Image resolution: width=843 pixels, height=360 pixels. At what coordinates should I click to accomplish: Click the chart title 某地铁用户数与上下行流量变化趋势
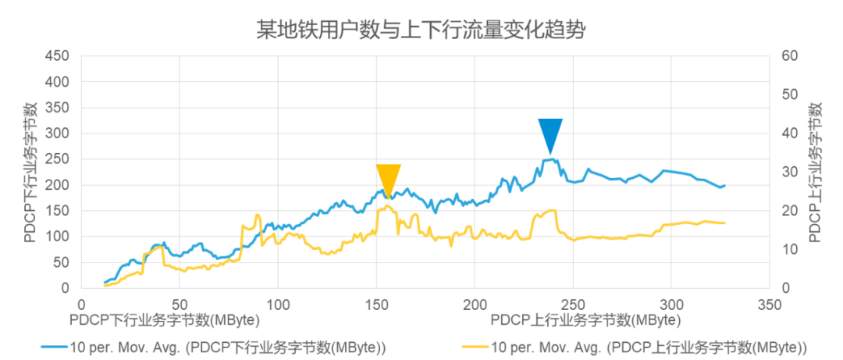pyautogui.click(x=421, y=30)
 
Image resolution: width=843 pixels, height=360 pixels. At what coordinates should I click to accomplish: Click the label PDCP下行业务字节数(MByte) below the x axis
pyautogui.click(x=164, y=320)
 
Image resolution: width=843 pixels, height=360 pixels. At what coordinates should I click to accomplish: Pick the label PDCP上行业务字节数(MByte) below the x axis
pyautogui.click(x=585, y=320)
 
